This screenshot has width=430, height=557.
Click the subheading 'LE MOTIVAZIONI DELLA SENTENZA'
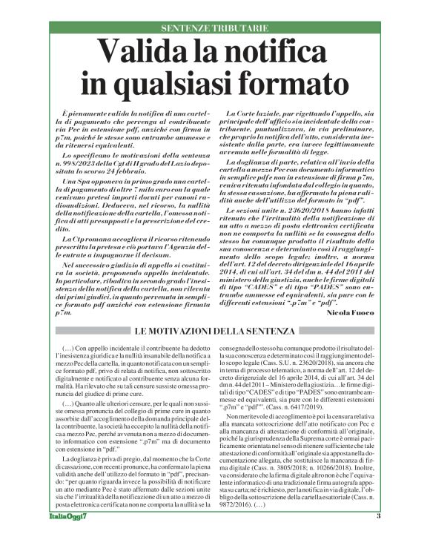pos(215,330)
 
